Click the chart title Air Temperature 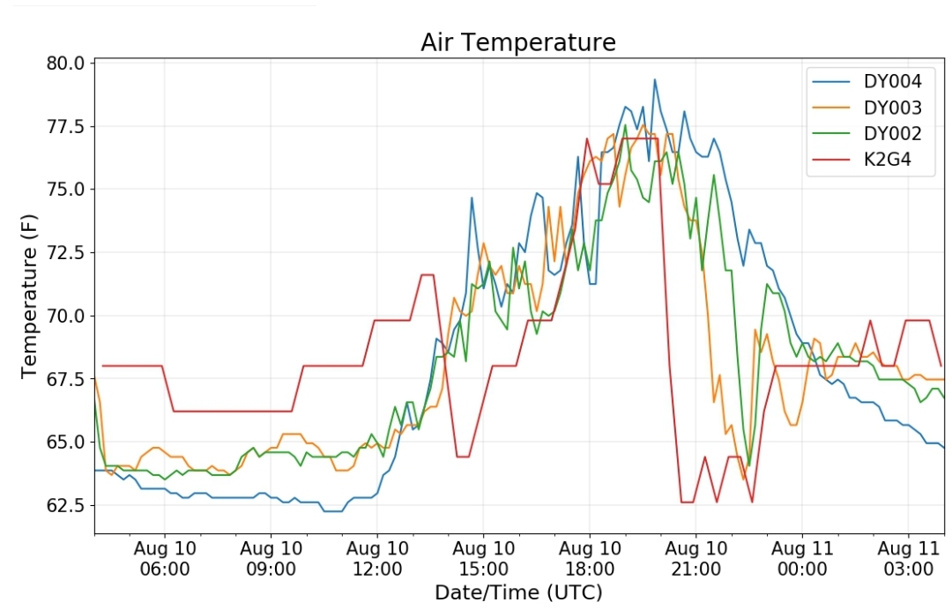click(x=518, y=42)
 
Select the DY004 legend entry click(x=867, y=81)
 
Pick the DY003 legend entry click(x=867, y=108)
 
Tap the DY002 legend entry click(x=867, y=133)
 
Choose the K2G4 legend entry click(x=861, y=160)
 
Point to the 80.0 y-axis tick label click(x=66, y=63)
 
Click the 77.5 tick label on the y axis click(x=66, y=126)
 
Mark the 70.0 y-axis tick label click(x=66, y=316)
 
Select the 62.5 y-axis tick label click(x=66, y=505)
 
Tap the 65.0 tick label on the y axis click(x=66, y=442)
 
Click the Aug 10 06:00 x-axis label click(x=165, y=558)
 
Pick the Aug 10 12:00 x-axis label click(x=377, y=558)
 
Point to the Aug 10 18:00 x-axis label click(x=590, y=558)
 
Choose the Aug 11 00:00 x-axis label click(x=802, y=558)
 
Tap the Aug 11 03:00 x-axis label click(x=908, y=558)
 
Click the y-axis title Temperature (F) click(x=28, y=296)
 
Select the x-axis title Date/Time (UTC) click(x=518, y=592)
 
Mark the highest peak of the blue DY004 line click(x=654, y=79)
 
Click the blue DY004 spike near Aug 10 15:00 click(x=472, y=197)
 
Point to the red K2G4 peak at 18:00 click(x=586, y=138)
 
